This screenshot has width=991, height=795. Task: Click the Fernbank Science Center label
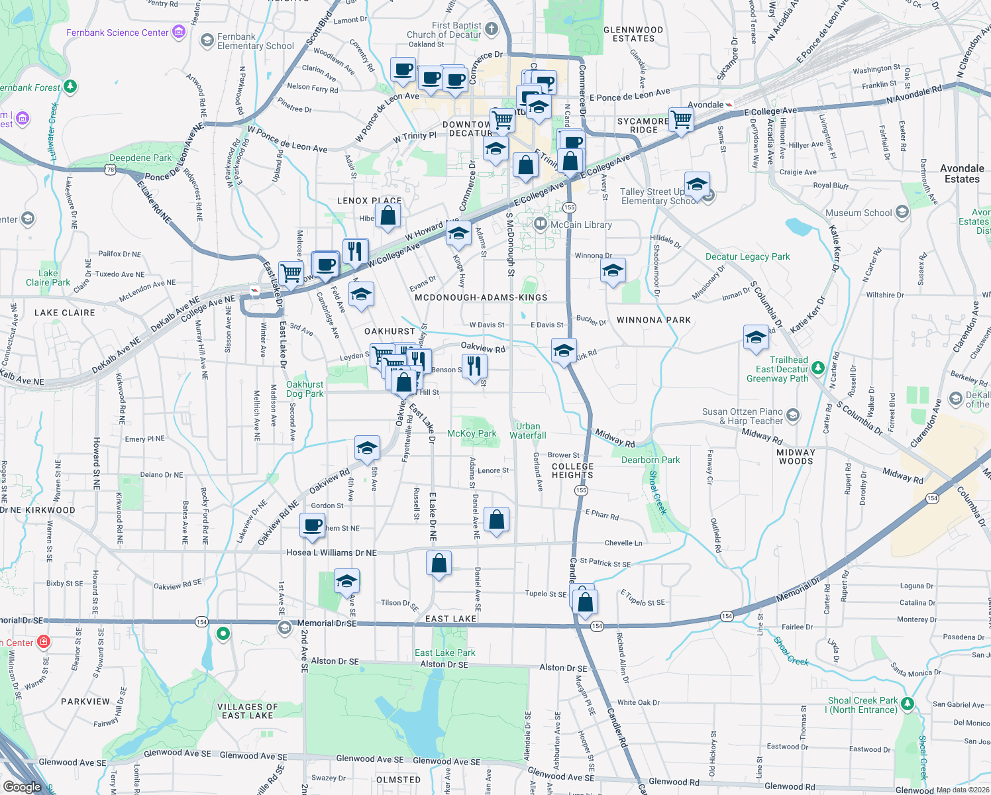click(x=117, y=32)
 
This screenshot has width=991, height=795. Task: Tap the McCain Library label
click(x=581, y=225)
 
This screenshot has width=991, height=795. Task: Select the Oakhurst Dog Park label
click(x=305, y=389)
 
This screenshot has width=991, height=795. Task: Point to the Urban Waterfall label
click(x=528, y=431)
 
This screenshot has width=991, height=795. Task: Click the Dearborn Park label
click(x=651, y=460)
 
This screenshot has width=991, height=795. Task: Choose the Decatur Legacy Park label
click(x=747, y=256)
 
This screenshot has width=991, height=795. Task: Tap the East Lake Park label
click(x=445, y=653)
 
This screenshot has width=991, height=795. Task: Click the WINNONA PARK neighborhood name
click(x=654, y=320)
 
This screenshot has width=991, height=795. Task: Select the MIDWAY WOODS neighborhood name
click(x=796, y=456)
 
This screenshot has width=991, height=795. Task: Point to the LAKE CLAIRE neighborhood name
click(x=65, y=313)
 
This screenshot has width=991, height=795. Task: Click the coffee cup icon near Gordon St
click(x=312, y=525)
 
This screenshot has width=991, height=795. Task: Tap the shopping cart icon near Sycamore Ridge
click(x=681, y=120)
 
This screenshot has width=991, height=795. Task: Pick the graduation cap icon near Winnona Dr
click(x=613, y=271)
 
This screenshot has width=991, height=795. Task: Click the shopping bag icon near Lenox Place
click(x=388, y=215)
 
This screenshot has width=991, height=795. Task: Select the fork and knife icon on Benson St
click(x=474, y=366)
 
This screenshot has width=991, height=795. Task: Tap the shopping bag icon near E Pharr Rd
click(x=496, y=520)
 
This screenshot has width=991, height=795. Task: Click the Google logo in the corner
click(x=23, y=787)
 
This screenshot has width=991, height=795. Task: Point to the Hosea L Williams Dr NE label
click(x=331, y=553)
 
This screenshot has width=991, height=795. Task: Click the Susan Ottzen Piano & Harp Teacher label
click(x=743, y=416)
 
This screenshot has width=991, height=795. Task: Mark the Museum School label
click(x=859, y=213)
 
